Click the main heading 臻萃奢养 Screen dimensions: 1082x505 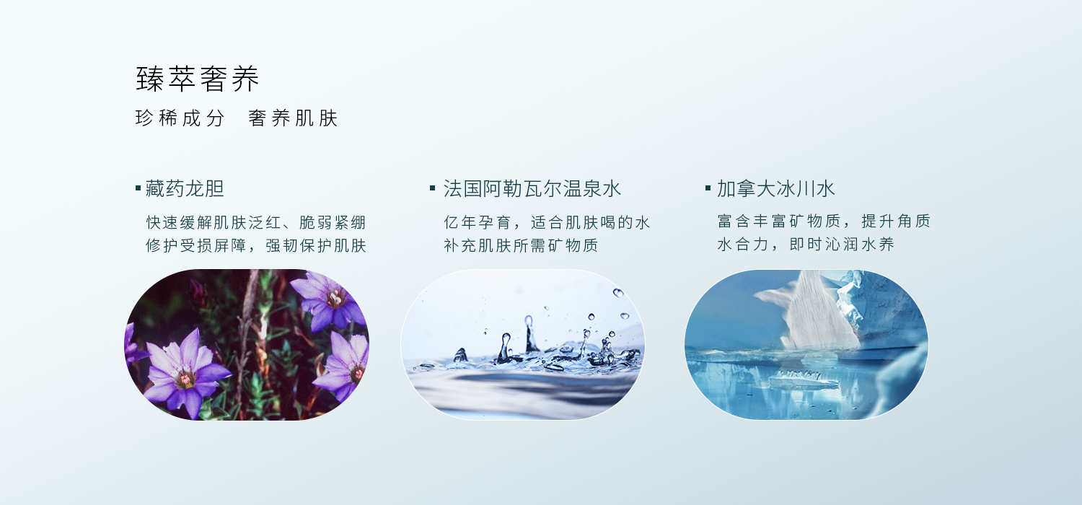pyautogui.click(x=198, y=79)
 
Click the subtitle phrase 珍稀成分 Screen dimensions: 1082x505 pyautogui.click(x=180, y=118)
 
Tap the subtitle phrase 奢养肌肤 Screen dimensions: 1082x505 pyautogui.click(x=293, y=118)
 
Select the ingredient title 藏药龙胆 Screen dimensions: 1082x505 pyautogui.click(x=185, y=188)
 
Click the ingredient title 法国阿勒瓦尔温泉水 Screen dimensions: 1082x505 pyautogui.click(x=532, y=188)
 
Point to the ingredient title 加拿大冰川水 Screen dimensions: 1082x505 pyautogui.click(x=775, y=188)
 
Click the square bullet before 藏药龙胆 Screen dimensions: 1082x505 pyautogui.click(x=138, y=188)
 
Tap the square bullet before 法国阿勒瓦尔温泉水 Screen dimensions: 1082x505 pyautogui.click(x=432, y=188)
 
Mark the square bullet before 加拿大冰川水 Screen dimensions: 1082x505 pyautogui.click(x=708, y=188)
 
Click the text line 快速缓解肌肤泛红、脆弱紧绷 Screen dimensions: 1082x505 pyautogui.click(x=256, y=222)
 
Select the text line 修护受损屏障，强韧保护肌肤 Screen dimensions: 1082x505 pyautogui.click(x=256, y=245)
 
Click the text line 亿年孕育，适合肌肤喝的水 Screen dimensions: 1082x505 pyautogui.click(x=547, y=222)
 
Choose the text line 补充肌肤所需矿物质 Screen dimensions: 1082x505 pyautogui.click(x=521, y=245)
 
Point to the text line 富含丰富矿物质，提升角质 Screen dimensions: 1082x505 pyautogui.click(x=824, y=221)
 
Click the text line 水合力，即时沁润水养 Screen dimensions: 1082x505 pyautogui.click(x=805, y=244)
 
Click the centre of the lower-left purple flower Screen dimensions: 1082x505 pyautogui.click(x=185, y=377)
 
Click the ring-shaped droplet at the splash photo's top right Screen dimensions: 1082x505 pyautogui.click(x=617, y=293)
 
